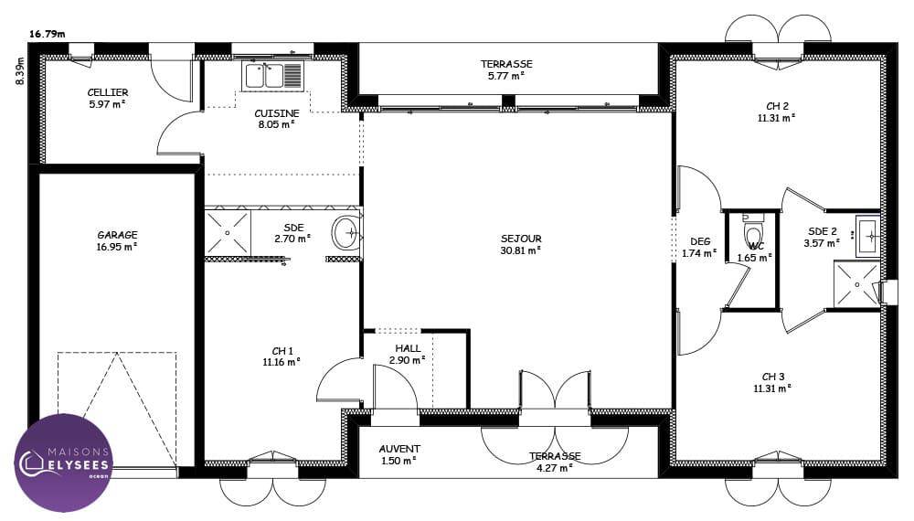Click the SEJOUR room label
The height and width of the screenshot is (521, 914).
[x=521, y=239]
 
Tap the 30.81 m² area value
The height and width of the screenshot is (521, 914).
[x=521, y=250]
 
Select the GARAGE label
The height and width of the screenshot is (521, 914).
[x=117, y=235]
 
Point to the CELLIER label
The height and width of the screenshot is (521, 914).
[x=108, y=92]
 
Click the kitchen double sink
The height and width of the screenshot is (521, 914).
[x=272, y=76]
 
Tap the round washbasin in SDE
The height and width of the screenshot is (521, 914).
[x=346, y=233]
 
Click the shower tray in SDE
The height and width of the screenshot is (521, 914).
[x=228, y=232]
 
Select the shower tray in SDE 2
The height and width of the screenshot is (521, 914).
[x=856, y=284]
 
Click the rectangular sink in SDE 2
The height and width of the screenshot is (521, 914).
[x=868, y=236]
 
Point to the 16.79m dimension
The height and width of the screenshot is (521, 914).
[x=48, y=34]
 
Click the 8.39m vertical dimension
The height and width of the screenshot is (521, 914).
[x=20, y=71]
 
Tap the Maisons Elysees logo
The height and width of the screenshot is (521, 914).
[x=63, y=463]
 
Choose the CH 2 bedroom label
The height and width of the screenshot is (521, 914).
[x=777, y=106]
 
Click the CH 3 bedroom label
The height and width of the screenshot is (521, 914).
[x=773, y=377]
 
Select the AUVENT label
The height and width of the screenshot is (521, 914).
[x=399, y=449]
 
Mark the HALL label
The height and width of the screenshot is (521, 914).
[x=408, y=348]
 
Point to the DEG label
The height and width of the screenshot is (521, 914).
[x=700, y=241]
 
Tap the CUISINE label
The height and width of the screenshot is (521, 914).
[x=277, y=113]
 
